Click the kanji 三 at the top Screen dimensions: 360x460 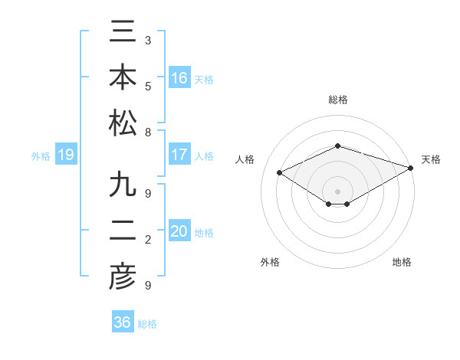(123, 36)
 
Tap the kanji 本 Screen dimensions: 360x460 (123, 79)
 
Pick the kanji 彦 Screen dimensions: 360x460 (123, 277)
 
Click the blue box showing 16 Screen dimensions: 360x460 (179, 77)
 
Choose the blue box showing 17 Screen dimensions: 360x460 (179, 155)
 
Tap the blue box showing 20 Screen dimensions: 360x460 (179, 231)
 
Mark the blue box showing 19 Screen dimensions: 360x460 (66, 155)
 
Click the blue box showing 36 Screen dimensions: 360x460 (123, 322)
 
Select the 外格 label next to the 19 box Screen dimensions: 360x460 (41, 156)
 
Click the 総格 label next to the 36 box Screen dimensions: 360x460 (147, 324)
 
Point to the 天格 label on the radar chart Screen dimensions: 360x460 (431, 159)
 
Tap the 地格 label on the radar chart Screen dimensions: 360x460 (402, 262)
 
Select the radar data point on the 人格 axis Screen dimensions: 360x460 (280, 173)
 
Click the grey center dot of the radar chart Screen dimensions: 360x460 (337, 190)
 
